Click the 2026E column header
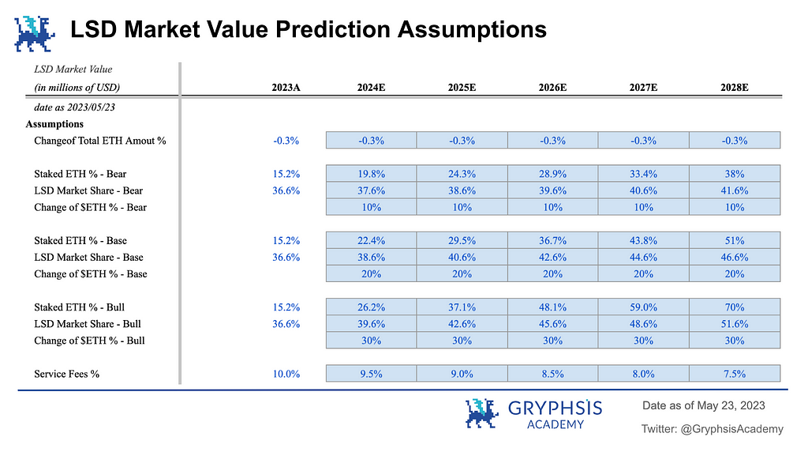point(552,87)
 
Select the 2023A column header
point(286,87)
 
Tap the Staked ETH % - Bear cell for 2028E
point(735,174)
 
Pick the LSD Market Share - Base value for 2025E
point(462,257)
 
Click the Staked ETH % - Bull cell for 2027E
point(643,307)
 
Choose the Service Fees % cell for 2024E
point(371,374)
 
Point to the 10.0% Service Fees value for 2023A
point(286,374)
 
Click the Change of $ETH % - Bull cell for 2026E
point(552,341)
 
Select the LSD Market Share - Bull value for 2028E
point(735,323)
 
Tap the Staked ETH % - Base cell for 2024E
point(371,240)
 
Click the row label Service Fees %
point(66,374)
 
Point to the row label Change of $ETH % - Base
point(91,274)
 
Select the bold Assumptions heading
point(54,124)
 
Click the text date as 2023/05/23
point(74,107)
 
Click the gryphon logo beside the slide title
point(35,34)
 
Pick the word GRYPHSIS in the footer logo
point(555,409)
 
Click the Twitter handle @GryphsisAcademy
point(731,429)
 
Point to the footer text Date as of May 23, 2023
point(703,405)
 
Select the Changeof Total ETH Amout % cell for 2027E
point(643,141)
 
